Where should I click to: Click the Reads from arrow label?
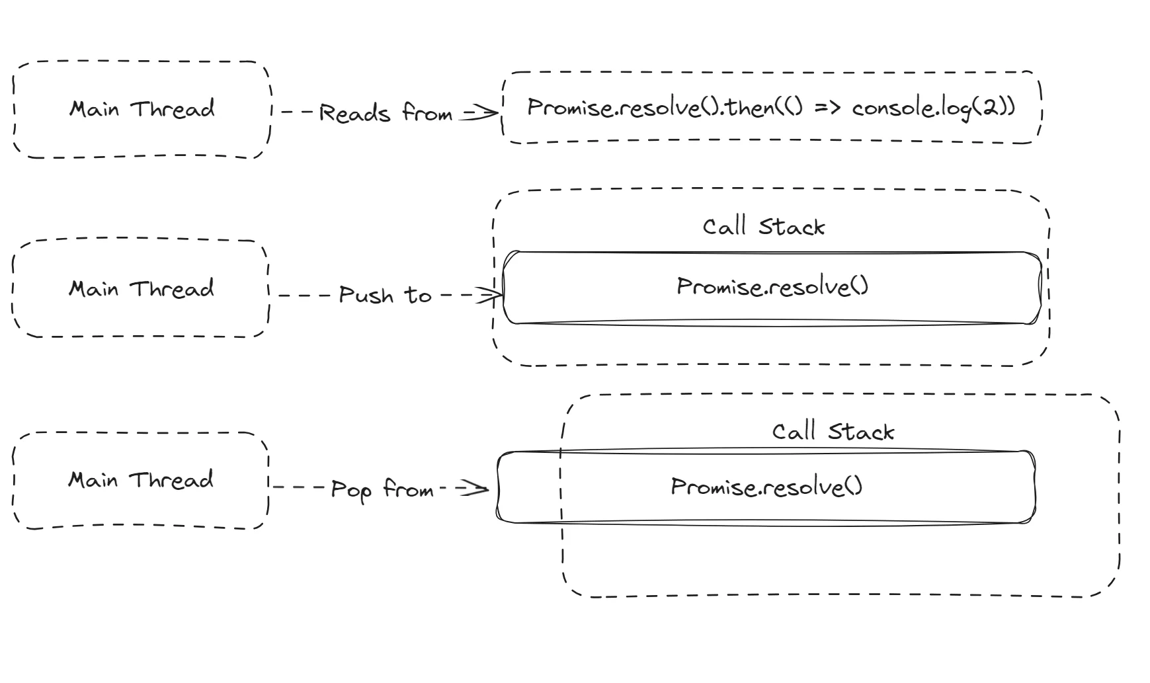386,112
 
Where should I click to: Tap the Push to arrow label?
385,295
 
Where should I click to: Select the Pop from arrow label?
382,490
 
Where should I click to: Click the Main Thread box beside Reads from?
142,110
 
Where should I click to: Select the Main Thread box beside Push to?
141,289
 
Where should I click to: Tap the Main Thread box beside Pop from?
141,481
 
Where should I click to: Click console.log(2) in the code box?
933,108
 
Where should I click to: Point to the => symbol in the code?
827,108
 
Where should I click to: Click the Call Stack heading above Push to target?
763,227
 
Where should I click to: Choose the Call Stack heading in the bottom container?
833,432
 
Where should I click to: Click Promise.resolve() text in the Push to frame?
772,286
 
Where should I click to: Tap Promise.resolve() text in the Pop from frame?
766,487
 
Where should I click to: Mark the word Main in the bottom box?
93,480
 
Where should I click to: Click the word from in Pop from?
408,490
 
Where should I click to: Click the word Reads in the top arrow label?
354,113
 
